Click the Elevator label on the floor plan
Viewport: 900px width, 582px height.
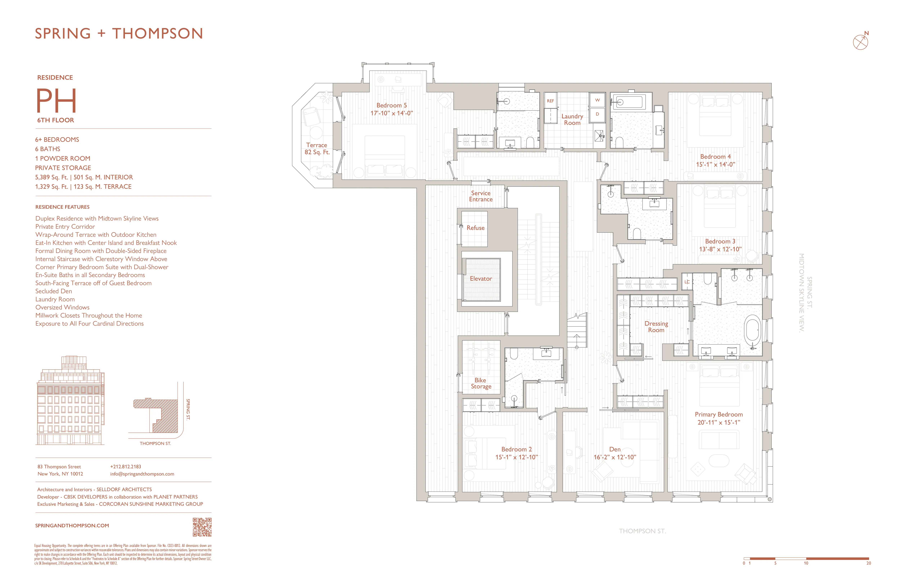(x=481, y=278)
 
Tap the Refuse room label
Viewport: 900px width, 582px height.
(x=475, y=228)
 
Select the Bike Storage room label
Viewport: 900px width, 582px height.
(x=481, y=383)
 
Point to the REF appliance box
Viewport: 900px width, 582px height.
(x=550, y=101)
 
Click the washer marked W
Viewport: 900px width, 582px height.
(x=597, y=100)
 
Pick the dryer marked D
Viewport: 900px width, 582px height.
(x=597, y=114)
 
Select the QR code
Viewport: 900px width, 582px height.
(x=202, y=527)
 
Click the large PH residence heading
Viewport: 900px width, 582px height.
(x=56, y=101)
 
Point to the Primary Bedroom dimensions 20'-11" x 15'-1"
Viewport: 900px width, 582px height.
(x=719, y=423)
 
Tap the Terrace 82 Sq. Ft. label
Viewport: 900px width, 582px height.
(x=317, y=149)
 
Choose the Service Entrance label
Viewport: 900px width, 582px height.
(x=481, y=196)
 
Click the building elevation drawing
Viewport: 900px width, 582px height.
(x=70, y=401)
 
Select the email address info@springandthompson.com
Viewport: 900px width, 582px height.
(x=142, y=474)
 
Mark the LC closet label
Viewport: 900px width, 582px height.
(x=687, y=282)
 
